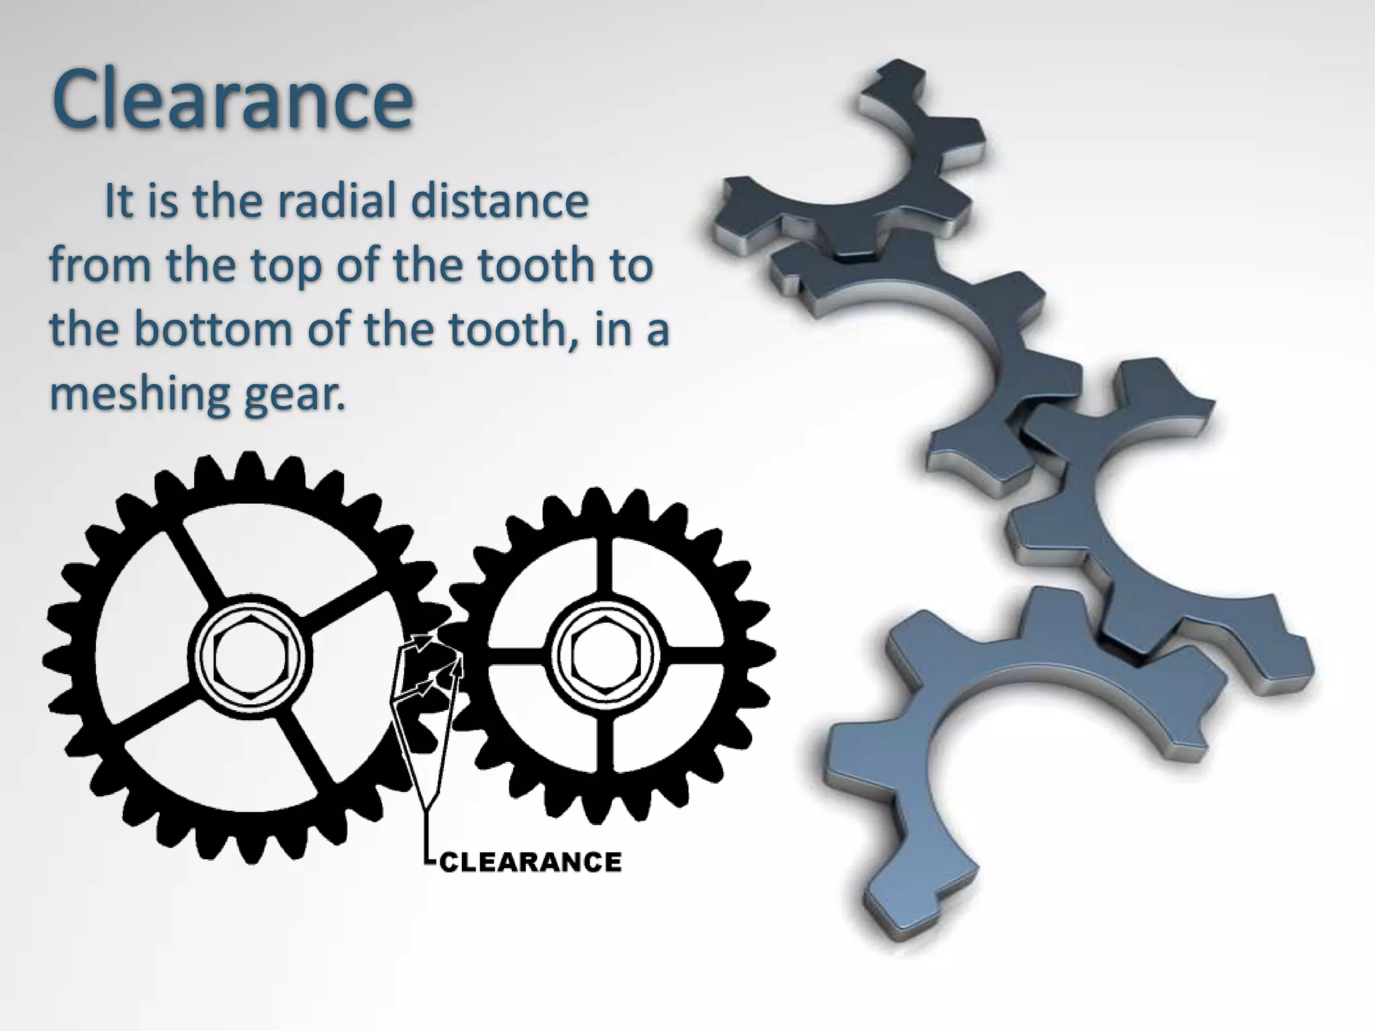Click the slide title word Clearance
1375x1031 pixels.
(232, 99)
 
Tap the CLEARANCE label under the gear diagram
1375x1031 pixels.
(530, 862)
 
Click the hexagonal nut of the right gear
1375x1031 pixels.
(606, 655)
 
